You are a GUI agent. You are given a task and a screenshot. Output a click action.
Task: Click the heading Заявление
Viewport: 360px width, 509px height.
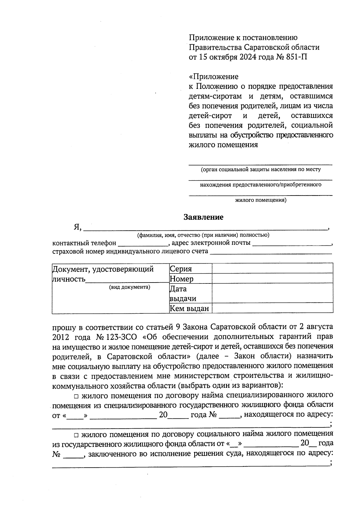pyautogui.click(x=203, y=217)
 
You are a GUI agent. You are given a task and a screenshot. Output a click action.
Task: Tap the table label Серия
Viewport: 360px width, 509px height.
pyautogui.click(x=181, y=269)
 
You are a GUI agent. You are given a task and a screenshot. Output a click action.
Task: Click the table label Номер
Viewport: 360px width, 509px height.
pyautogui.click(x=181, y=279)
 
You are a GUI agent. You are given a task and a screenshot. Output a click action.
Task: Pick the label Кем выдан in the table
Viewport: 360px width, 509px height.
pyautogui.click(x=189, y=308)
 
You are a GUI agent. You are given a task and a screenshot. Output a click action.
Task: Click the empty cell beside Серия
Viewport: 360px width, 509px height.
pyautogui.click(x=272, y=268)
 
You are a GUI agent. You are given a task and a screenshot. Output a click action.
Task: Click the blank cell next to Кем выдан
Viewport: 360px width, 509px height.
pyautogui.click(x=272, y=308)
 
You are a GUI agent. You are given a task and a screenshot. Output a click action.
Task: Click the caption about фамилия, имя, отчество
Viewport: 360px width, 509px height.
pyautogui.click(x=203, y=235)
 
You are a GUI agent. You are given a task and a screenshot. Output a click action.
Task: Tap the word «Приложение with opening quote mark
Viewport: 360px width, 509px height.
pyautogui.click(x=214, y=76)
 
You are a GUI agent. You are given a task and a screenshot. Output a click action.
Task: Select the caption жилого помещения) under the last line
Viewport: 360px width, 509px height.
pyautogui.click(x=260, y=200)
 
